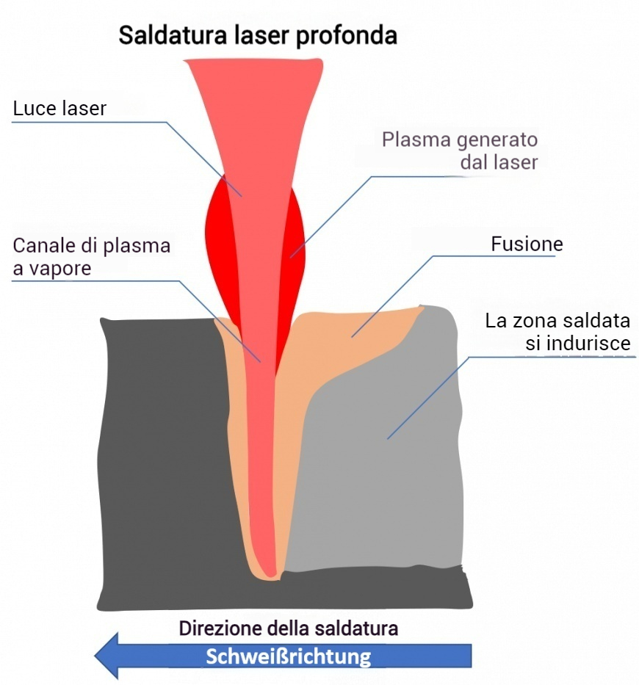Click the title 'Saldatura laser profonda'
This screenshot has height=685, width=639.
(x=258, y=35)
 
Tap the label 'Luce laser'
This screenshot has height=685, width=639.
(x=60, y=109)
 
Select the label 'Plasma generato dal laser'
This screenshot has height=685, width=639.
(x=460, y=151)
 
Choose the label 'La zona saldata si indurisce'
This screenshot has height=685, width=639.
(x=557, y=333)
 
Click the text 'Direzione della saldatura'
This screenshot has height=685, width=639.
(x=289, y=628)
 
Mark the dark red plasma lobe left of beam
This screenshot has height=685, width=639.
(x=217, y=242)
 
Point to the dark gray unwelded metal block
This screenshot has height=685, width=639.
(x=162, y=455)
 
